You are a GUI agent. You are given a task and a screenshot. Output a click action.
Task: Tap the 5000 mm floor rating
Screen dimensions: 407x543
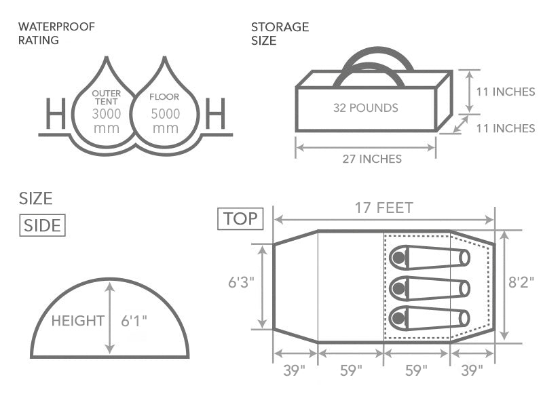point(166,121)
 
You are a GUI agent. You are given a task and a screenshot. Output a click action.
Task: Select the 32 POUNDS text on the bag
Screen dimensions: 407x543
point(365,108)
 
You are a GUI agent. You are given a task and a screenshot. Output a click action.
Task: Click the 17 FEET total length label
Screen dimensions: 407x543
point(384,208)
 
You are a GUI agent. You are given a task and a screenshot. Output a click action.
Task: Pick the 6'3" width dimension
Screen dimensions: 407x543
point(241,282)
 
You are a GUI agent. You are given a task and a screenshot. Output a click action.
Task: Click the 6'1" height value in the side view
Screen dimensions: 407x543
point(134,320)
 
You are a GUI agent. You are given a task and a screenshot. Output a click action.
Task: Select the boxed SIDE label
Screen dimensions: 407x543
point(43,226)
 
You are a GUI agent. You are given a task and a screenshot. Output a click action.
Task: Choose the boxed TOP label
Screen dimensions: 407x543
point(239,218)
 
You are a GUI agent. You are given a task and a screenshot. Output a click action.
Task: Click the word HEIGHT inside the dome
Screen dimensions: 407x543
point(77,320)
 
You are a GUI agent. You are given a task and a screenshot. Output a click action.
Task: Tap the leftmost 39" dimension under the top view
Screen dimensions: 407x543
point(294,370)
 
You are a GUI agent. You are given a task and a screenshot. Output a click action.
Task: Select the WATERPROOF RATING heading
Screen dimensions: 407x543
point(56,33)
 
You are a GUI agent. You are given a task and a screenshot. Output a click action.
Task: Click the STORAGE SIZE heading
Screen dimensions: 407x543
point(280,33)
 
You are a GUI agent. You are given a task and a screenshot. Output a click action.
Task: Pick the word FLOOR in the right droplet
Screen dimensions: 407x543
point(164,97)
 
